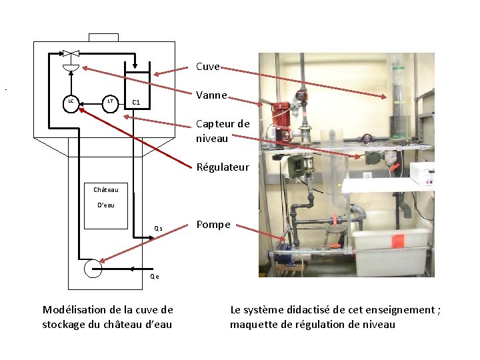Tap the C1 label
click(135, 103)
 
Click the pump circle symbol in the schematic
click(93, 268)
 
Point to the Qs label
click(158, 228)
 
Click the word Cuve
click(207, 67)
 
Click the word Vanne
click(211, 95)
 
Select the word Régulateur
click(223, 167)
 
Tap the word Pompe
click(213, 225)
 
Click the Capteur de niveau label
click(223, 131)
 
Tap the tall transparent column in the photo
click(399, 100)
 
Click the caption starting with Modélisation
click(107, 317)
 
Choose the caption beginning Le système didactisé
click(335, 317)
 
